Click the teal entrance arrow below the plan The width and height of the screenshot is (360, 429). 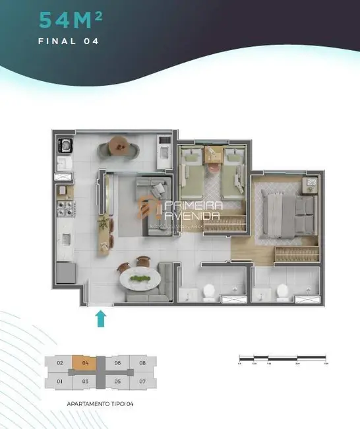click(x=100, y=319)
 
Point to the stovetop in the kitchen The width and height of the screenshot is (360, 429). click(x=66, y=209)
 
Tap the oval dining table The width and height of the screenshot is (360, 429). click(x=140, y=279)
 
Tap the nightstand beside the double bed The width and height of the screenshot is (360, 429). click(x=310, y=184)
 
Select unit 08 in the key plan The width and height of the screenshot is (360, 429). click(x=142, y=362)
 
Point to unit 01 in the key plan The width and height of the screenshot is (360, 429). click(x=59, y=381)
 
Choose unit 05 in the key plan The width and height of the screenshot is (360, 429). click(x=117, y=381)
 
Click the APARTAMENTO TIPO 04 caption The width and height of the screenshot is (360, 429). click(x=101, y=403)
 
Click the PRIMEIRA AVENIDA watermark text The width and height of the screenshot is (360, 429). click(x=195, y=210)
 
